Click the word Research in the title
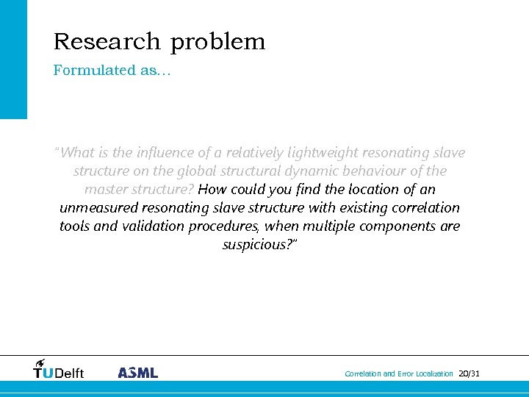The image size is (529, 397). tap(107, 42)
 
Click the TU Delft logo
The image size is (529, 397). tap(59, 369)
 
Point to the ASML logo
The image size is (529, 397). tap(138, 373)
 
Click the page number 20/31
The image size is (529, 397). tap(469, 374)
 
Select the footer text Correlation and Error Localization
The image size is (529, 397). tap(399, 374)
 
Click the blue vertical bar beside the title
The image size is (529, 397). tap(13, 59)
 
